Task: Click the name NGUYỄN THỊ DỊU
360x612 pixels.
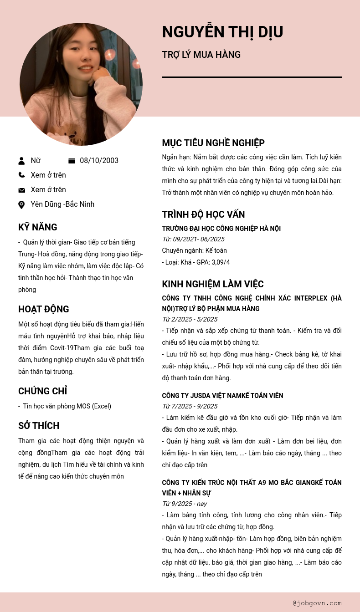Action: (222, 32)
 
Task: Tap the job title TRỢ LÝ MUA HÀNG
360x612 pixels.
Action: (201, 55)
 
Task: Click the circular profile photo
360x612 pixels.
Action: (81, 84)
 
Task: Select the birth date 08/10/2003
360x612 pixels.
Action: (99, 160)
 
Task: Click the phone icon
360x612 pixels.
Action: (21, 175)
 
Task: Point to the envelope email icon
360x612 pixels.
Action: (21, 190)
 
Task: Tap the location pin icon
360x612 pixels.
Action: (21, 204)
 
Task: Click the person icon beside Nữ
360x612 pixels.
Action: (21, 161)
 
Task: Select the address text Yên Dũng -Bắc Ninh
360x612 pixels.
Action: (62, 204)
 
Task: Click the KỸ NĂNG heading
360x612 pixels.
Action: (37, 227)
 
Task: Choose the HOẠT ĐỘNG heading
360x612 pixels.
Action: (43, 309)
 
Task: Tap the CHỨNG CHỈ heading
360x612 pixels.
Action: (42, 391)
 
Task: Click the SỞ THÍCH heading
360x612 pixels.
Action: (39, 426)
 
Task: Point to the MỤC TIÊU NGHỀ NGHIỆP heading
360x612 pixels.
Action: (213, 143)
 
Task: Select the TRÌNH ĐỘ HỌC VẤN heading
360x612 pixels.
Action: (203, 214)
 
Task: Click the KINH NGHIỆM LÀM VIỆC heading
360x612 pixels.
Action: (213, 284)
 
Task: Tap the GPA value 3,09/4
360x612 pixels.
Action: (221, 262)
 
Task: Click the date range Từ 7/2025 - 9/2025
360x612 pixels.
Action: (190, 406)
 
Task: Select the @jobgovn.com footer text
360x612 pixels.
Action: (317, 603)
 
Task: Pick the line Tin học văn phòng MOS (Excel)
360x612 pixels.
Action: (67, 406)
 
